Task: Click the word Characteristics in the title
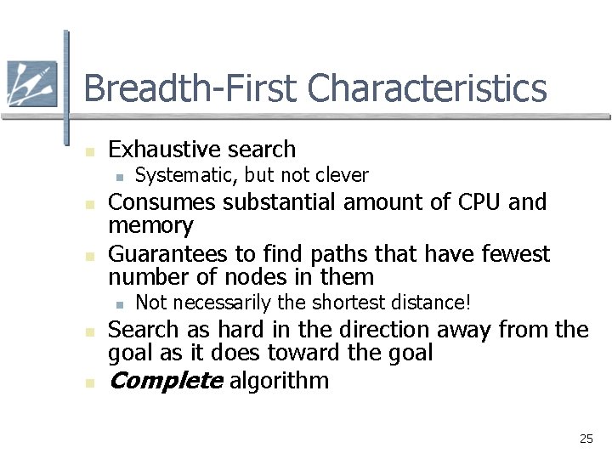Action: [x=428, y=88]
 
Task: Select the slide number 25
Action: [x=586, y=439]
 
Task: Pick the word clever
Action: [x=342, y=175]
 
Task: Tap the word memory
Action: [x=150, y=226]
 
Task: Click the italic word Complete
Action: [x=165, y=381]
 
